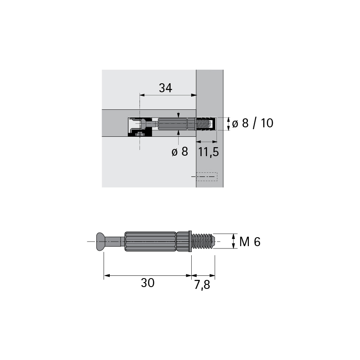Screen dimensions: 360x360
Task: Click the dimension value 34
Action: coord(166,88)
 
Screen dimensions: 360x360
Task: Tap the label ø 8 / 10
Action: coord(252,123)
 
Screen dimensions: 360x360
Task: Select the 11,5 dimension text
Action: coord(208,152)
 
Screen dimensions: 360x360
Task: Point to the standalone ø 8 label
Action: coord(180,152)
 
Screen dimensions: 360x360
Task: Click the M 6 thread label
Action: coord(250,242)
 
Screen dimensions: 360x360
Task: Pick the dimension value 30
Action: coord(148,283)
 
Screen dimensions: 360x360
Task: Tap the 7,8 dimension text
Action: coord(202,285)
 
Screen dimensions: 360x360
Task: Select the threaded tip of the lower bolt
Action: coord(203,241)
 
